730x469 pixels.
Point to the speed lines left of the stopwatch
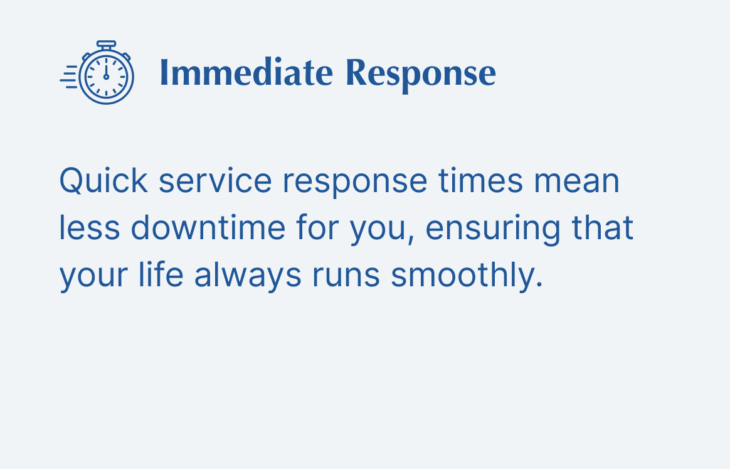[69, 77]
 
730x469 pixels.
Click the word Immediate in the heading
[246, 73]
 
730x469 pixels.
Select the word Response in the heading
[421, 75]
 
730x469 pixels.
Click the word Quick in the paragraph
[103, 181]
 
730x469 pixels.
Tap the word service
[215, 181]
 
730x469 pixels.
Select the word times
[480, 181]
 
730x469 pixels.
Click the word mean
[577, 183]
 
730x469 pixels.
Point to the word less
[90, 227]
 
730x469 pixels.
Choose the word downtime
[208, 227]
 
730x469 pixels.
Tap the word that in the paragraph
[603, 227]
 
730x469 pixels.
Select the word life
[161, 274]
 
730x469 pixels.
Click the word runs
[346, 276]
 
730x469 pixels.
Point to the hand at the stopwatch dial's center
[106, 69]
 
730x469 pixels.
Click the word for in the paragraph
[317, 227]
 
